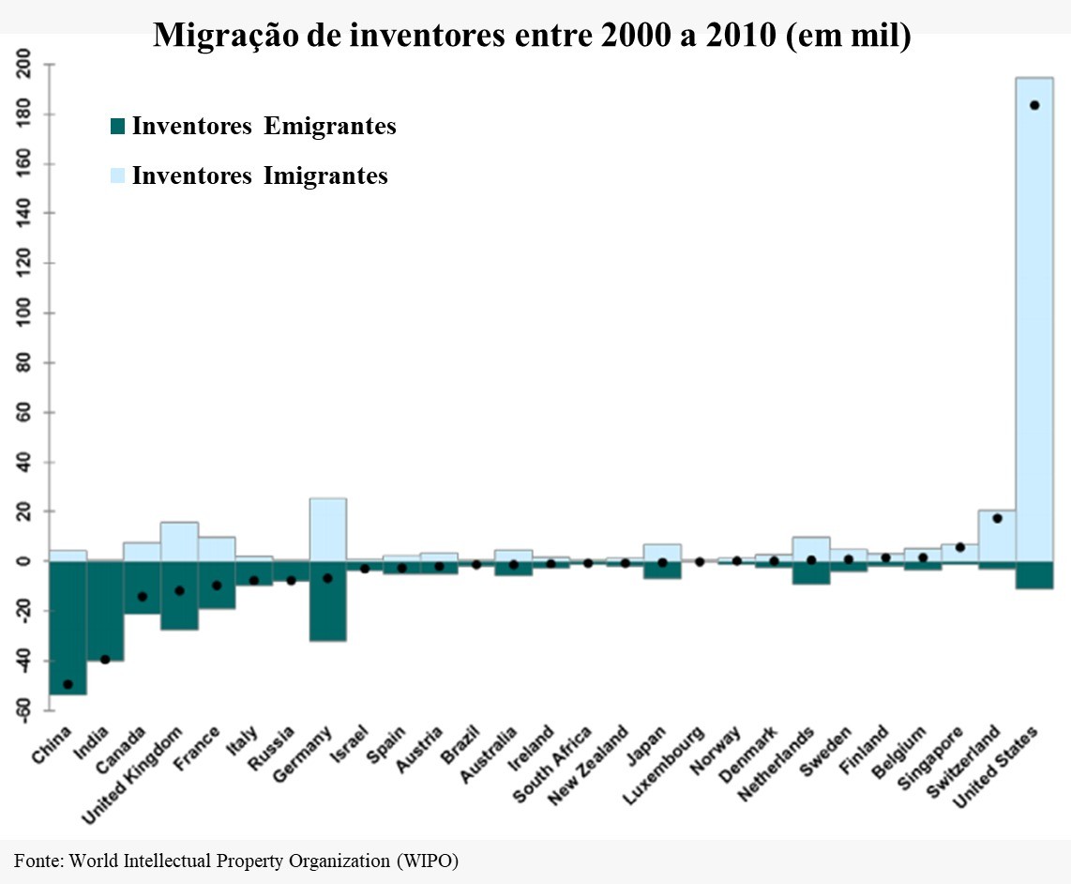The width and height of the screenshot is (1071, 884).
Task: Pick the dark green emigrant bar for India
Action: pyautogui.click(x=105, y=610)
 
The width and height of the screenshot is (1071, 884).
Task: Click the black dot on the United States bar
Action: pyautogui.click(x=1034, y=105)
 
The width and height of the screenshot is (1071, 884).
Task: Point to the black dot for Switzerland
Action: pyautogui.click(x=997, y=518)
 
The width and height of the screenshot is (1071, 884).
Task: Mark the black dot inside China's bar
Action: pyautogui.click(x=68, y=684)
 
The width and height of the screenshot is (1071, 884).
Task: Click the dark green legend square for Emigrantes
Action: pyautogui.click(x=117, y=127)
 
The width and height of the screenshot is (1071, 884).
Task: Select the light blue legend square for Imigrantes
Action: pyautogui.click(x=117, y=175)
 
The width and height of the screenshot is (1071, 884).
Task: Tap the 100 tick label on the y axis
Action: pyautogui.click(x=23, y=313)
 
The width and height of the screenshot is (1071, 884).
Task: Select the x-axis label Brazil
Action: pyautogui.click(x=464, y=741)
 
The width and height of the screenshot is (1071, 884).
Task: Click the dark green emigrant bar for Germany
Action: pyautogui.click(x=327, y=601)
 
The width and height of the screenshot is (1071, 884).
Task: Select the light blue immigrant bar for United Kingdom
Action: pyautogui.click(x=179, y=541)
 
